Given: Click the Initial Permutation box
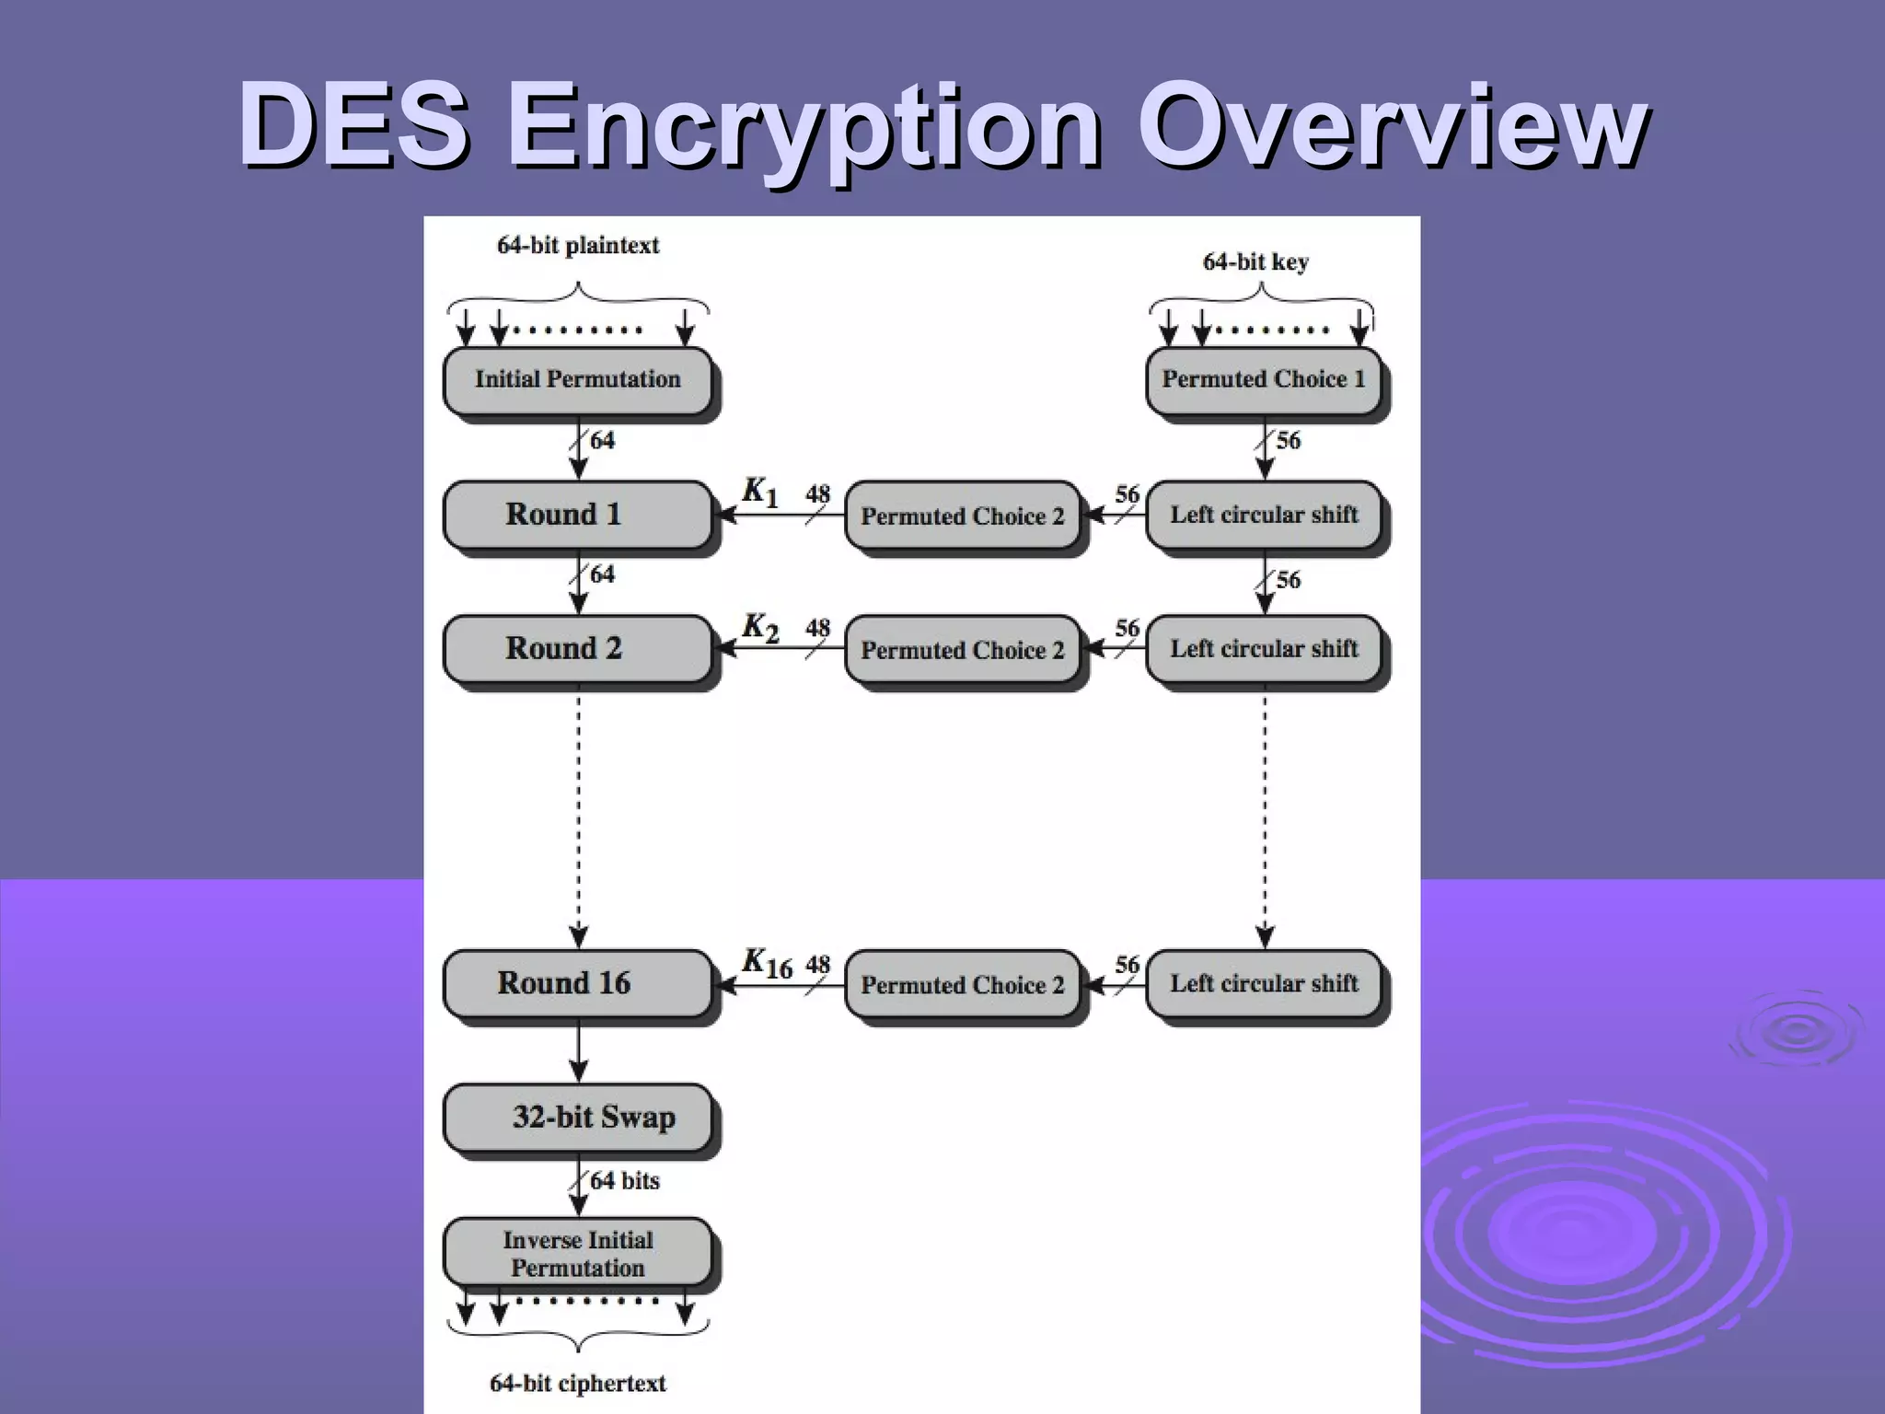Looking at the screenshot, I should [x=577, y=379].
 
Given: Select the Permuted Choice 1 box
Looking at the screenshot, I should [x=1263, y=379].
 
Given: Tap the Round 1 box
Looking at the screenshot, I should [x=577, y=514].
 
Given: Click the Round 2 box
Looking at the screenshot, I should [x=577, y=648].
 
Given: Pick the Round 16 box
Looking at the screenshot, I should [x=577, y=983].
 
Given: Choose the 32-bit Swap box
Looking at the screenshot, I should [x=577, y=1117].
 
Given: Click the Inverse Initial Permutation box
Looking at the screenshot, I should [x=577, y=1253].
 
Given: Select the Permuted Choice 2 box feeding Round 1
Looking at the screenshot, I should [x=962, y=516].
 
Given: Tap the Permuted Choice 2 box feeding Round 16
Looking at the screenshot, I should [x=962, y=984].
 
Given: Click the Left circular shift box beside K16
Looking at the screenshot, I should [x=1264, y=983].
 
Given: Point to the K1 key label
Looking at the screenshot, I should [x=760, y=492].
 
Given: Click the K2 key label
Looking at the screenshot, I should [x=760, y=628].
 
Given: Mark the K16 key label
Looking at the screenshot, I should [x=767, y=963].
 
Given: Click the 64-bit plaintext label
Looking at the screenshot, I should [x=578, y=246].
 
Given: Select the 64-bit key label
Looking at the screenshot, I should [x=1255, y=262].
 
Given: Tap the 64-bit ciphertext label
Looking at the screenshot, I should [x=578, y=1383].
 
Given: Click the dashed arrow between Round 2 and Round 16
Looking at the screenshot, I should [x=578, y=819].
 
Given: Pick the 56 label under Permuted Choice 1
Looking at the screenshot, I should [x=1288, y=440].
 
